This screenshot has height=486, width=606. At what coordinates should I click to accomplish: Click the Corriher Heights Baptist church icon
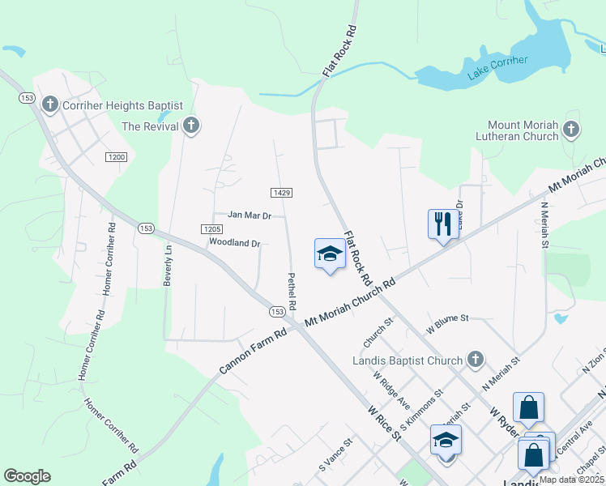tap(50, 104)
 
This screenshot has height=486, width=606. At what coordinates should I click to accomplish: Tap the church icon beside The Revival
tap(191, 126)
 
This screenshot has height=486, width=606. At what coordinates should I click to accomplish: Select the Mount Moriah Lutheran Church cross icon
tap(571, 129)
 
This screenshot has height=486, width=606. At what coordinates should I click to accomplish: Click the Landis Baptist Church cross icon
tap(476, 360)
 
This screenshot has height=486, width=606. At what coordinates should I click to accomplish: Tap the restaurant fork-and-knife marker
tap(442, 224)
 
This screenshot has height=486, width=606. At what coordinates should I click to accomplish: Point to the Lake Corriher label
tap(497, 68)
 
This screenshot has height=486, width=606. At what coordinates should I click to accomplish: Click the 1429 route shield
tap(281, 192)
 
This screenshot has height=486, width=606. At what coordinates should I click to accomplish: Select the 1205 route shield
tap(211, 229)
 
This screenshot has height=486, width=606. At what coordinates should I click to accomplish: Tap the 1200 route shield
tap(115, 156)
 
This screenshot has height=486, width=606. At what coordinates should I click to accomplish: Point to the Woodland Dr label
tap(234, 242)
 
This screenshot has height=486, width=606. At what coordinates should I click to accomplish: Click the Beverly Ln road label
tap(169, 266)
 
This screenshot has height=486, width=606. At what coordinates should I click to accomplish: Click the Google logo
tap(27, 476)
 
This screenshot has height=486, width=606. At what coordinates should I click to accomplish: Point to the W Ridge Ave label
tap(392, 390)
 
